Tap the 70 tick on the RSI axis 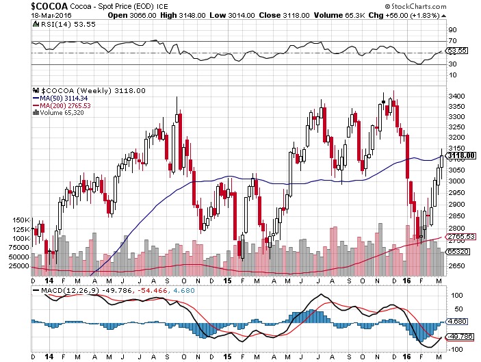[x=452, y=42]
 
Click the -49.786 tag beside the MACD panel [x=460, y=336]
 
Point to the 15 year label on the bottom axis [x=229, y=281]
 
